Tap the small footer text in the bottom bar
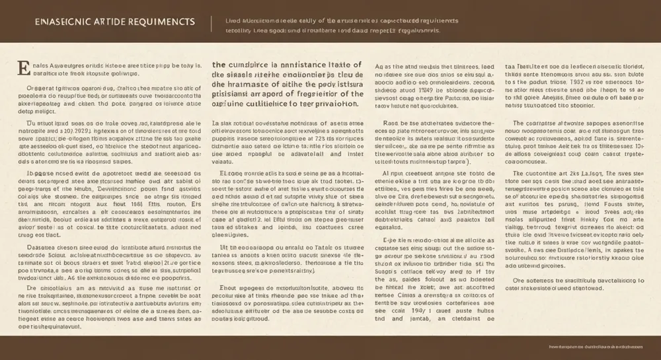pos(598,345)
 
